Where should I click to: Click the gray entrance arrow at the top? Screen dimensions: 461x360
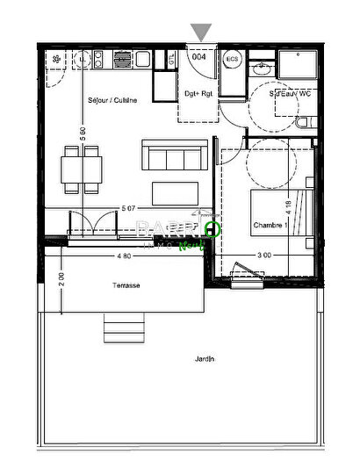(x=202, y=32)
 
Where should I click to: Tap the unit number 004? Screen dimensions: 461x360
(x=199, y=56)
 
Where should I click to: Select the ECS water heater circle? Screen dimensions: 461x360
(x=233, y=59)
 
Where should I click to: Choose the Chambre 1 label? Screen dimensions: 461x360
(x=271, y=226)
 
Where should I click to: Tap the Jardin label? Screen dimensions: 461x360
(x=205, y=359)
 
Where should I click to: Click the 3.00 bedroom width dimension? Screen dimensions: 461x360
(x=263, y=256)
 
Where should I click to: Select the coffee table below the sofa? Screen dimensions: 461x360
(x=176, y=192)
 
